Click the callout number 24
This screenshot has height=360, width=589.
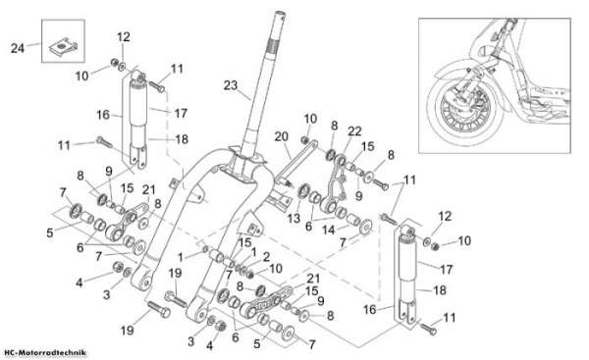[18, 48]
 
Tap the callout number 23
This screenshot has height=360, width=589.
[231, 85]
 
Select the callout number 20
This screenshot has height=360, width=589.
[282, 136]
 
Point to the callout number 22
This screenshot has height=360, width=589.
[354, 131]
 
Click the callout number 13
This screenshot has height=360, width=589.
[294, 218]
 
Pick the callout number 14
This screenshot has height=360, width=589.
[328, 230]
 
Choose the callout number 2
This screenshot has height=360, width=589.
[266, 257]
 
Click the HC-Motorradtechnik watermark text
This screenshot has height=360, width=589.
[45, 352]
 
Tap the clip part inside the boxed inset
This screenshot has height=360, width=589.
[63, 46]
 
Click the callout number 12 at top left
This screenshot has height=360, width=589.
[124, 37]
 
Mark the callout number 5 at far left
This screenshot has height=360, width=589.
[50, 232]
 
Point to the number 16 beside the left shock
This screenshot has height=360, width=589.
[102, 115]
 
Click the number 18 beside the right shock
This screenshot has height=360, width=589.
[439, 289]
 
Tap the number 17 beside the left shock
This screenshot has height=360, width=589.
[181, 113]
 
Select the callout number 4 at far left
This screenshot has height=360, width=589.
[79, 283]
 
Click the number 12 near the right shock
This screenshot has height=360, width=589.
[445, 216]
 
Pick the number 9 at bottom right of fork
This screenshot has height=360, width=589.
[320, 301]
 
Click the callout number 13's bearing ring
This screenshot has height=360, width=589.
[303, 190]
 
